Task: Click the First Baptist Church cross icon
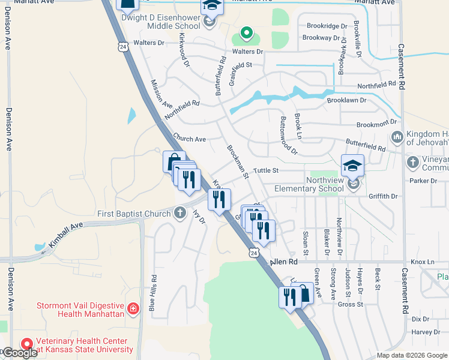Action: point(180,213)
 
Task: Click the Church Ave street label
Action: point(189,139)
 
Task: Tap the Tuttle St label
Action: point(266,170)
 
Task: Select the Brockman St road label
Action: point(237,161)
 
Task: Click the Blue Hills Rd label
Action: point(154,292)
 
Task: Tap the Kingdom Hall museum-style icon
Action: point(397,138)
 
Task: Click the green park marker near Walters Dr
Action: point(246,33)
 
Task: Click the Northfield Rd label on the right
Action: point(376,85)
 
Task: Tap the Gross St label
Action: point(351,304)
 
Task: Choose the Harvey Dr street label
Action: point(426,332)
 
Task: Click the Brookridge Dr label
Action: point(327,26)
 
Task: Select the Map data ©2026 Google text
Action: point(412,355)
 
